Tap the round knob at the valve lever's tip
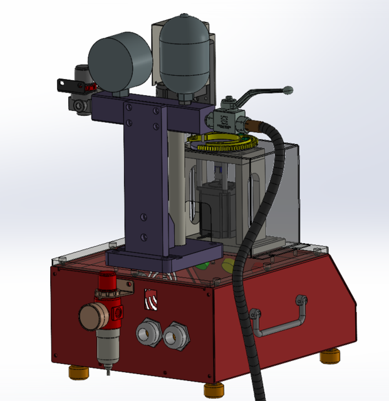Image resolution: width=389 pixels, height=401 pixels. click(288, 90)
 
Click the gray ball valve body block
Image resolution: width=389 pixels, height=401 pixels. click(224, 119)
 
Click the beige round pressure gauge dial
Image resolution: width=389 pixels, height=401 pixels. click(91, 315)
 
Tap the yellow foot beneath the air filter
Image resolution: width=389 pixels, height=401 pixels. click(79, 373)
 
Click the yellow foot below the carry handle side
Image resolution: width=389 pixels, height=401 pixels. click(330, 357)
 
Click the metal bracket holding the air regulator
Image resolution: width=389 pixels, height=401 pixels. click(125, 285)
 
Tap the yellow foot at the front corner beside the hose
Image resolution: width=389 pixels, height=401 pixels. click(214, 390)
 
